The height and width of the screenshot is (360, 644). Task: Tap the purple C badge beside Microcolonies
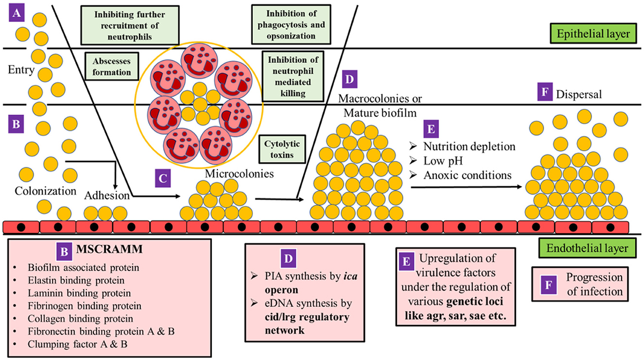[162, 178]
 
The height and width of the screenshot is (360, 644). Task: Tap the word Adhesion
[107, 196]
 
